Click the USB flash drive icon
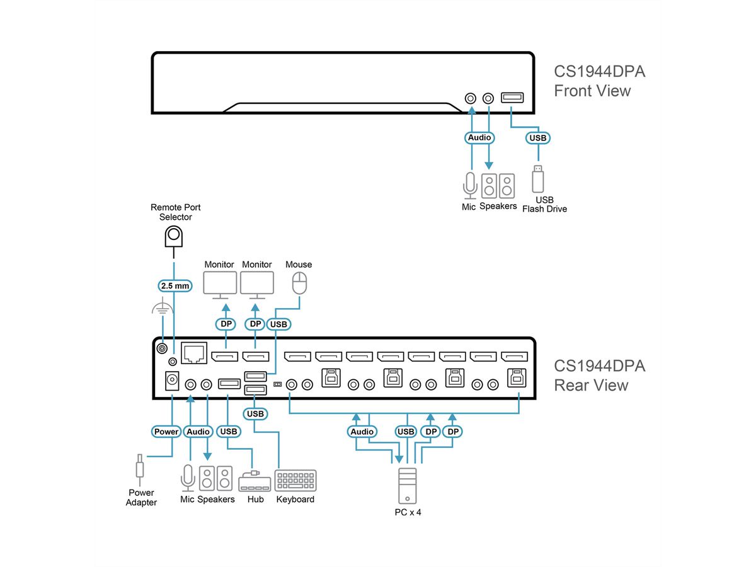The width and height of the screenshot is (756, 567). pyautogui.click(x=537, y=179)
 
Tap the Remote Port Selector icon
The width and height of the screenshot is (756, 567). pyautogui.click(x=173, y=238)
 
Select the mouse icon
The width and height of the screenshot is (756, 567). pyautogui.click(x=299, y=283)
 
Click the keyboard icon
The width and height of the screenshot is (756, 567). pyautogui.click(x=296, y=481)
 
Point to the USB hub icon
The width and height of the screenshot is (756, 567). pyautogui.click(x=255, y=482)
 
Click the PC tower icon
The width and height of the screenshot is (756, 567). pyautogui.click(x=407, y=485)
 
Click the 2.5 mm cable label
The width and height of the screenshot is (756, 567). pyautogui.click(x=174, y=286)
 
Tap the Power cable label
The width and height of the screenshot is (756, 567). pyautogui.click(x=166, y=432)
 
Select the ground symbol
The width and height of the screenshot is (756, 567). pyautogui.click(x=163, y=309)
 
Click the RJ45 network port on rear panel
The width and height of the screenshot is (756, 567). pyautogui.click(x=194, y=353)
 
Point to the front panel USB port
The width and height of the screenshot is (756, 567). pyautogui.click(x=511, y=98)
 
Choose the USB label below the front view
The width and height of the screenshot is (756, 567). pyautogui.click(x=538, y=137)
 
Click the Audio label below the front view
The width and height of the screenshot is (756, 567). pyautogui.click(x=479, y=137)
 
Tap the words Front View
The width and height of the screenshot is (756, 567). pyautogui.click(x=592, y=91)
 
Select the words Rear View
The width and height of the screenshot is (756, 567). pyautogui.click(x=590, y=385)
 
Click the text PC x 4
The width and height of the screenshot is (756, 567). pyautogui.click(x=408, y=512)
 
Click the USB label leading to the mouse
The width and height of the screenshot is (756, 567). pyautogui.click(x=278, y=324)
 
